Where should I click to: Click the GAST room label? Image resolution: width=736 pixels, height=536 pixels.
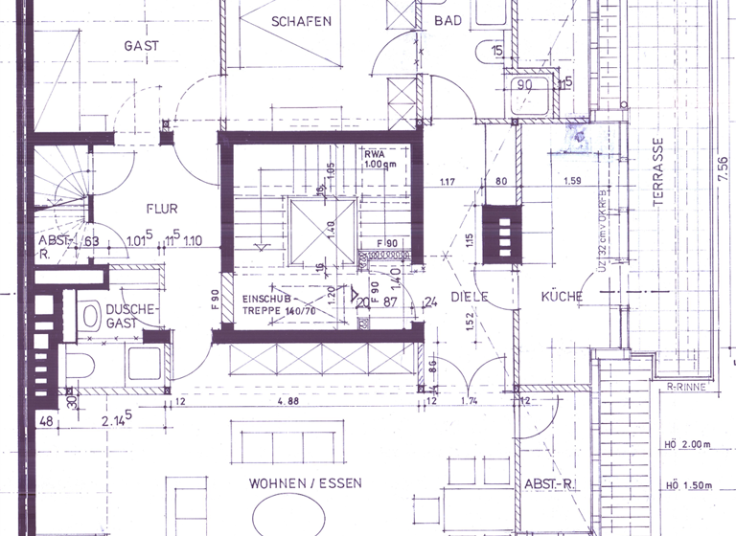point(141,45)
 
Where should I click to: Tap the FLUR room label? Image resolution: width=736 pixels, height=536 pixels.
point(162,208)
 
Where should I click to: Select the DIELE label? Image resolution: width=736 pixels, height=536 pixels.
point(471,297)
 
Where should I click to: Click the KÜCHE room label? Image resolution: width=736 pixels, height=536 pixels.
point(562,297)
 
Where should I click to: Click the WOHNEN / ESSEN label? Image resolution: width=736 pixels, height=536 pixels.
point(305,483)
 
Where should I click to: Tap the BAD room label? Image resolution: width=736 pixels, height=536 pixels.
point(448,20)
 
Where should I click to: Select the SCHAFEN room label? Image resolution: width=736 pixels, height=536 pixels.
point(301,21)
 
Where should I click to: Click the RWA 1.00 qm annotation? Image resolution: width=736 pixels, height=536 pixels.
point(380,159)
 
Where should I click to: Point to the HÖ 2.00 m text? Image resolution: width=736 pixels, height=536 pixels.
point(687,444)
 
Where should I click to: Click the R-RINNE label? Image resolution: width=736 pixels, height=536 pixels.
point(686,389)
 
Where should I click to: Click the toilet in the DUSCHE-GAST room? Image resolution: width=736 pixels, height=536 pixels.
point(91,315)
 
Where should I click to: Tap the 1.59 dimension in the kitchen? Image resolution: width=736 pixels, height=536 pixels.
point(573,181)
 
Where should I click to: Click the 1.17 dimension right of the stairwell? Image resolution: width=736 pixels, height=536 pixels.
point(446,181)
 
